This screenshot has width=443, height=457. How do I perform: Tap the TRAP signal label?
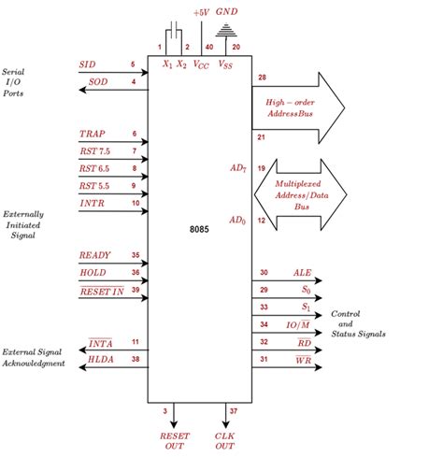pos(93,134)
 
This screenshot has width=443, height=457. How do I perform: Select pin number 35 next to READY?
pos(135,254)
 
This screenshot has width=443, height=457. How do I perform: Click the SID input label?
pos(87,64)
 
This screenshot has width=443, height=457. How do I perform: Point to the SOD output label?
pos(98,82)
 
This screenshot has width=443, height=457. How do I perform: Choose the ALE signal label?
pos(303,272)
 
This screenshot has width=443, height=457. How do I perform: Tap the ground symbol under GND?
pos(226,32)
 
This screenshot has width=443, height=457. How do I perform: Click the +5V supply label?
pos(201,12)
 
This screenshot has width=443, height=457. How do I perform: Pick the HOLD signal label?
pos(94,272)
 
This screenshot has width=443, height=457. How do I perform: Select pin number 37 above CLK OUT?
pos(235,410)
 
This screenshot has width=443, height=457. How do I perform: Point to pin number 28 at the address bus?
pos(263,77)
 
